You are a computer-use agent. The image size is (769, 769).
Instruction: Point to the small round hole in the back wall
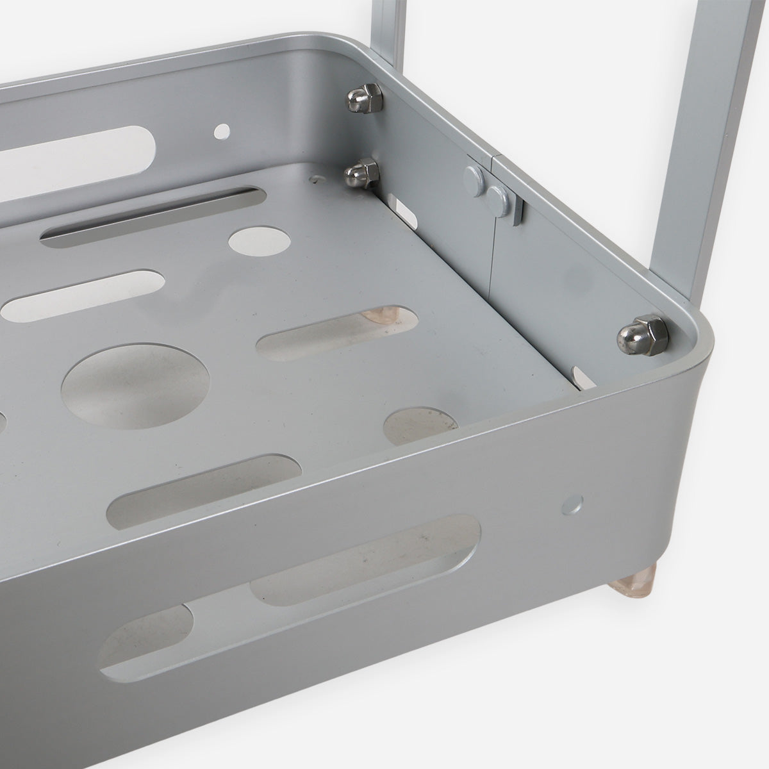pyautogui.click(x=222, y=132)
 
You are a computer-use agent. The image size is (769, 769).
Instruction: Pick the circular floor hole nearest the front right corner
pyautogui.click(x=420, y=426)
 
